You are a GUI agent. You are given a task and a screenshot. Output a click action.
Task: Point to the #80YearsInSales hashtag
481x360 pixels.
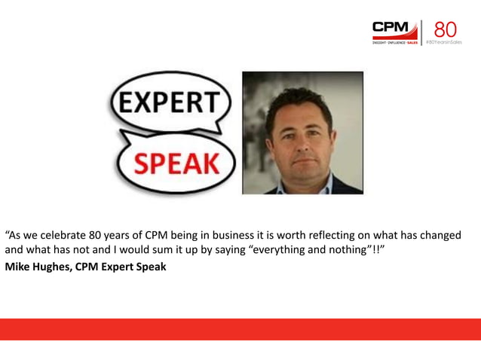(x=444, y=44)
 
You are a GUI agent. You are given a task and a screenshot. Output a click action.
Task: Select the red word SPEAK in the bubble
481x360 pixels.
(x=175, y=162)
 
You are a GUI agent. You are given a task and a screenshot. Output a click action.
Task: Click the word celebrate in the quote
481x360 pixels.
(x=72, y=235)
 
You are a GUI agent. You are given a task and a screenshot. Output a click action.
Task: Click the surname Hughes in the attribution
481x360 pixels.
(x=54, y=266)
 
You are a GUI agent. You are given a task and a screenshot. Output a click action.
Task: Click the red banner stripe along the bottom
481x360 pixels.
(x=240, y=329)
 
